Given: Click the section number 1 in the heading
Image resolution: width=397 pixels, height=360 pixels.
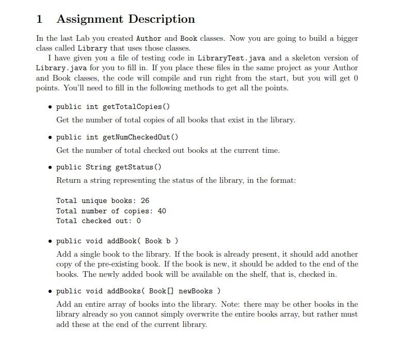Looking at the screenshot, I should click(x=39, y=20).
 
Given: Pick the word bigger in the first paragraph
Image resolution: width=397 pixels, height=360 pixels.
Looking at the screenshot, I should click(x=344, y=38).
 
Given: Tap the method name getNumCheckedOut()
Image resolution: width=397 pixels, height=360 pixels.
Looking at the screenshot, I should click(x=140, y=137).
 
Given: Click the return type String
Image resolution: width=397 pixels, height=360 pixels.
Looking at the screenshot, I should click(x=98, y=167).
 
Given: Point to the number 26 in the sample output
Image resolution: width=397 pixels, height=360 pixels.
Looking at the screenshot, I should click(x=145, y=200).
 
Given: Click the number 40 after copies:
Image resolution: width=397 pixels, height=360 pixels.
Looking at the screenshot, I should click(x=162, y=211).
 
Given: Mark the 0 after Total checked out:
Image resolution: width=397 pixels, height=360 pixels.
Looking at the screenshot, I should click(x=138, y=221).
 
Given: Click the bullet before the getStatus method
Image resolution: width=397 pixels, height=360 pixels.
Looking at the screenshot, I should click(x=49, y=167).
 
